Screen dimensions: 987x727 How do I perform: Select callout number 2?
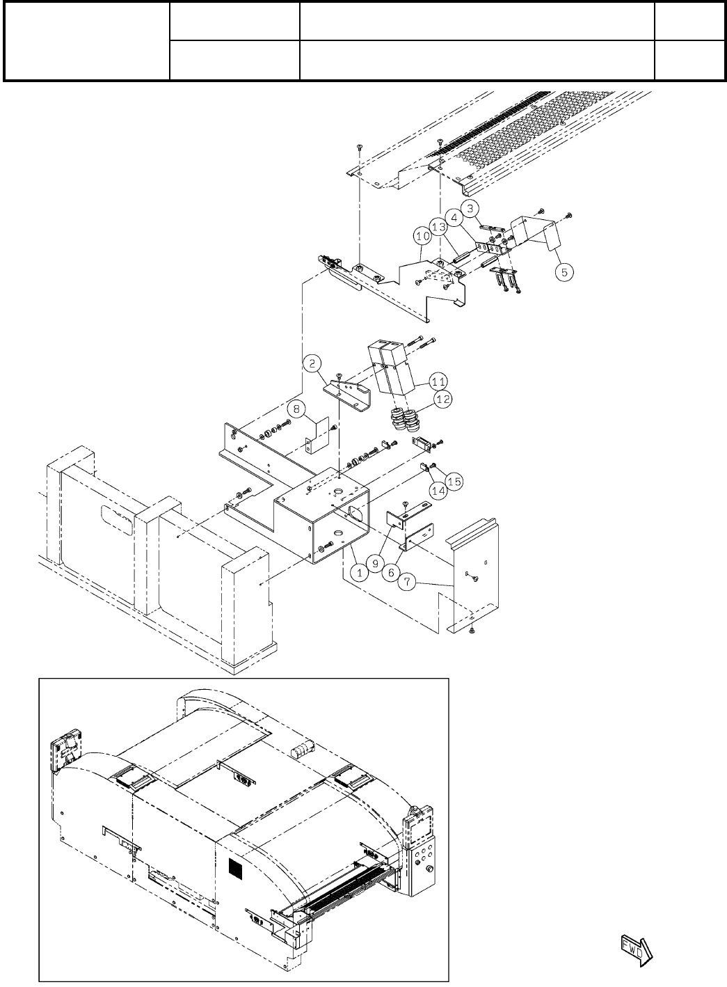point(312,363)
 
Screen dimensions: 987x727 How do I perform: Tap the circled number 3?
point(470,207)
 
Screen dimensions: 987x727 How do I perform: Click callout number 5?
point(564,272)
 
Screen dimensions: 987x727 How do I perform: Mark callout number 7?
point(408,581)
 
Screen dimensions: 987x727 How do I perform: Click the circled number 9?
point(375,562)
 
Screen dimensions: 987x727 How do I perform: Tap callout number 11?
point(438,381)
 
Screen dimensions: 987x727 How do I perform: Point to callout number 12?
point(442,399)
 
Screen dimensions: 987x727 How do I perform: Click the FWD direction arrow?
point(634,949)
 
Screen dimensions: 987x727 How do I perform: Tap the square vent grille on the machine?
point(239,868)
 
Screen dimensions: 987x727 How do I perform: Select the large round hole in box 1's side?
point(354,515)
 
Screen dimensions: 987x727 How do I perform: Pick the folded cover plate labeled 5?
point(536,233)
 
